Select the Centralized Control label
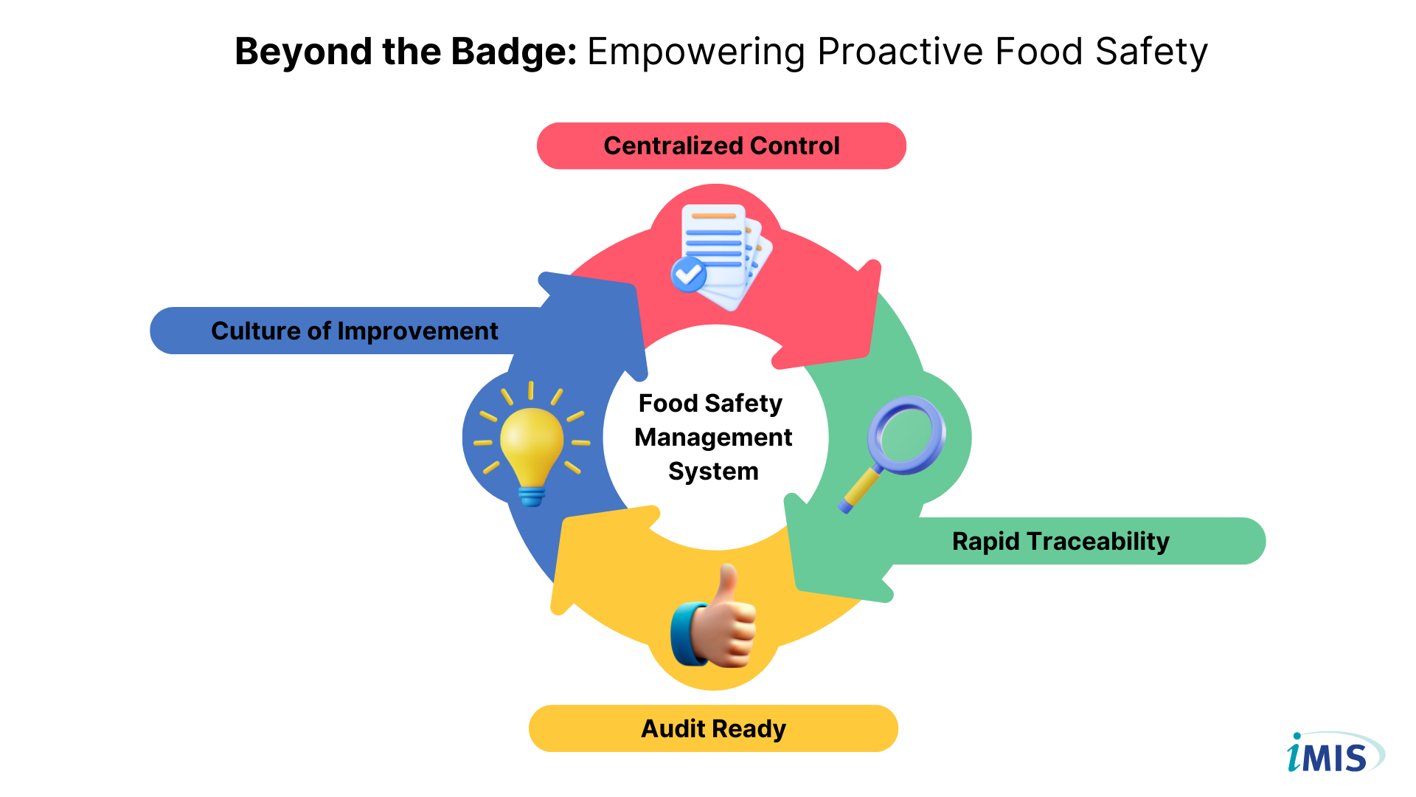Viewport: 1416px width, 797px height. pos(721,146)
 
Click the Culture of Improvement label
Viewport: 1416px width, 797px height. pos(354,331)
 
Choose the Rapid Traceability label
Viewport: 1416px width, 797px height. pos(1061,541)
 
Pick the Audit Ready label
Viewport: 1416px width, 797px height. pos(713,728)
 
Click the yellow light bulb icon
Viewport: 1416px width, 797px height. pos(532,444)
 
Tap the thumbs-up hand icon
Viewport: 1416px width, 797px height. pos(713,616)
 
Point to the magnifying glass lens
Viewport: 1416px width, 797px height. pos(906,435)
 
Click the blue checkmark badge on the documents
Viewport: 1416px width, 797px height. pos(689,275)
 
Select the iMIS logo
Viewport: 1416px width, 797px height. pos(1336,753)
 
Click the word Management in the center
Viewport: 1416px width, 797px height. pos(713,438)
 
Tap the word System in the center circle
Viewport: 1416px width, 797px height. pos(713,472)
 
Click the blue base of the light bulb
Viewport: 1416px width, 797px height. pos(532,496)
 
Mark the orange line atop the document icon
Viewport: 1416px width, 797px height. pos(713,215)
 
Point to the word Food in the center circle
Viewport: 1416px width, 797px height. pos(668,404)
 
